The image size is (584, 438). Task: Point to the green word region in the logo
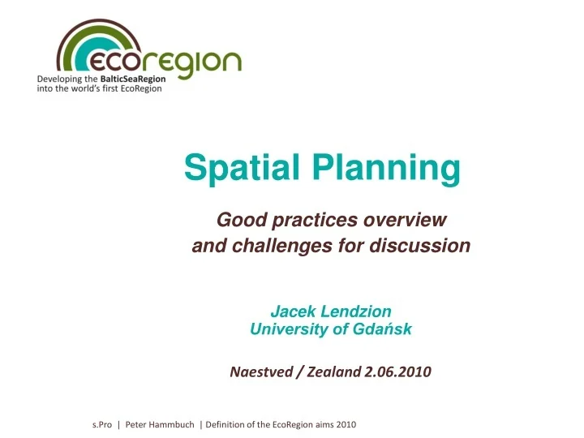pos(191,63)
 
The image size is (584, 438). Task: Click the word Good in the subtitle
pos(238,220)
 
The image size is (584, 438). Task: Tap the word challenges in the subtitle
pos(273,246)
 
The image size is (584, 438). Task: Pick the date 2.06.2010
pos(398,372)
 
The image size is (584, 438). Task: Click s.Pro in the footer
pos(102,424)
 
